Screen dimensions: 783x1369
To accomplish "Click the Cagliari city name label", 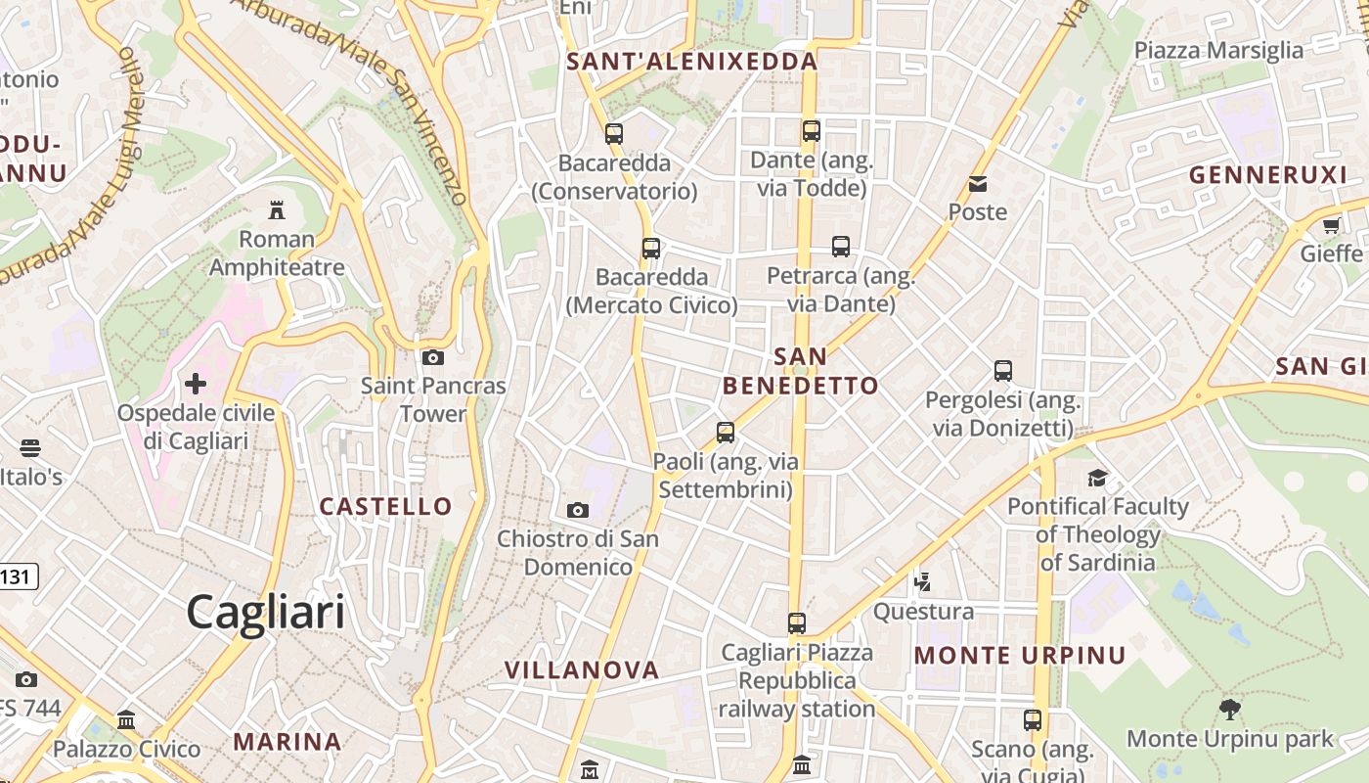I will click(265, 613).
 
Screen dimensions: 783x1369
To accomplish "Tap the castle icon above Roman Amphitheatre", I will click(277, 209).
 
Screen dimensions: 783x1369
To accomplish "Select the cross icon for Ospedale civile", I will click(196, 383).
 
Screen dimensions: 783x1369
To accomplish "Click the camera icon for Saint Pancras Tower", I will click(433, 357).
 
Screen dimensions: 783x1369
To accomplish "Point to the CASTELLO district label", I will click(386, 506).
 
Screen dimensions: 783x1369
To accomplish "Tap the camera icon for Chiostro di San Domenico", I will click(578, 510).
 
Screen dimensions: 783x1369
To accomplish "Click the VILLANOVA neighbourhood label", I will click(582, 670).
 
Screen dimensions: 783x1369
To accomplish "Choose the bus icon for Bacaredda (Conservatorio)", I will click(614, 134).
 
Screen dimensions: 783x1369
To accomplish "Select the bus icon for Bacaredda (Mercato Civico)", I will click(651, 249).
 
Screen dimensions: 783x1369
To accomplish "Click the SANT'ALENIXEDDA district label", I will click(692, 62).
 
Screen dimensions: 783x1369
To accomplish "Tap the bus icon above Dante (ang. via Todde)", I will click(812, 130).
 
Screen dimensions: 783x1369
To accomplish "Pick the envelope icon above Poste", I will click(978, 184).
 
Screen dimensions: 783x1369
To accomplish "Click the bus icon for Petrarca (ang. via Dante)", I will click(841, 247).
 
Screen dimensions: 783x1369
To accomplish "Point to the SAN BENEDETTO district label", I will click(801, 371).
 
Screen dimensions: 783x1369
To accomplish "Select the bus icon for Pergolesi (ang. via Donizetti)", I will click(1003, 371).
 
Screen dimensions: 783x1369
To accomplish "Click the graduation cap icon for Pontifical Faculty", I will click(1098, 478).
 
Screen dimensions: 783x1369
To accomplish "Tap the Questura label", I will click(924, 612).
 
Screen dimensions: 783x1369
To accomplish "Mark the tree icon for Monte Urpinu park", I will click(1230, 710).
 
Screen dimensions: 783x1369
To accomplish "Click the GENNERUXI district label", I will click(1268, 175).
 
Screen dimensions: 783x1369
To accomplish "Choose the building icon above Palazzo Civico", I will click(126, 720).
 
